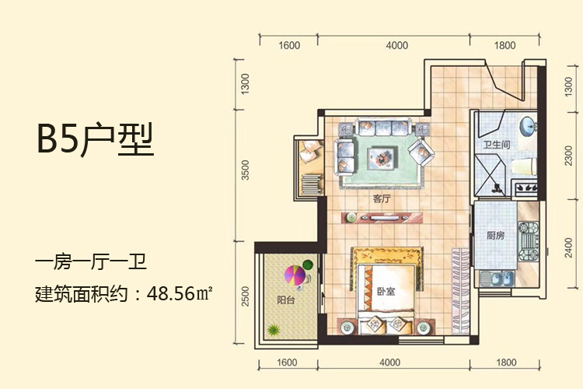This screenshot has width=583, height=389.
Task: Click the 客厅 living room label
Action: [382, 199]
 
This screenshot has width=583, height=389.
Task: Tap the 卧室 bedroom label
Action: [386, 292]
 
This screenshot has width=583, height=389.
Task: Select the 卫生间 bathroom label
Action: [497, 145]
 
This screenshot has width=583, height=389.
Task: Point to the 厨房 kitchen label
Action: [496, 235]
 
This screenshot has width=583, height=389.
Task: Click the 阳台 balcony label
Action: [285, 300]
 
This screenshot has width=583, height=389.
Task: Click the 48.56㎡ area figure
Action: [180, 294]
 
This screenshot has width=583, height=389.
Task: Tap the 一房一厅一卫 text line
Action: [91, 261]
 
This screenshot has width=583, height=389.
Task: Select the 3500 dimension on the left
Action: [245, 170]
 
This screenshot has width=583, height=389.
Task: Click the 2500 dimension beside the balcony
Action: [245, 296]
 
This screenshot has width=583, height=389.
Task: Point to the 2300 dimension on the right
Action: [568, 156]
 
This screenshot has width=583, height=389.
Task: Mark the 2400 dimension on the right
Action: [568, 247]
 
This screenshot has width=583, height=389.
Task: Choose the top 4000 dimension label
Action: [396, 45]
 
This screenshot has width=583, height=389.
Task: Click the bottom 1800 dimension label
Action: [506, 363]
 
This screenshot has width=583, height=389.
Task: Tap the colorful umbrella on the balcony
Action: [295, 275]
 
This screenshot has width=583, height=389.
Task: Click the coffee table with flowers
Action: [382, 159]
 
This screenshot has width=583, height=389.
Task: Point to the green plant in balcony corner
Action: [274, 329]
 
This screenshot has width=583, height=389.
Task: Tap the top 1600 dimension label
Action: [289, 45]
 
